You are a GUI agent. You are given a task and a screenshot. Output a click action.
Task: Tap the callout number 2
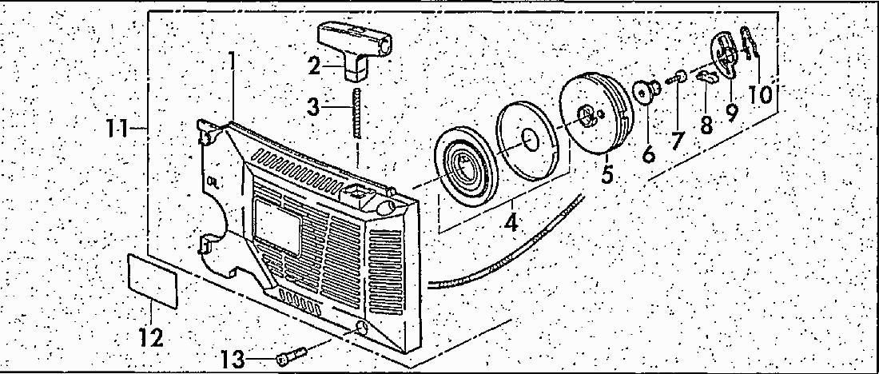[x=314, y=66]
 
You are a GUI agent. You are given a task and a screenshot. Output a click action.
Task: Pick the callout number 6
[x=648, y=150]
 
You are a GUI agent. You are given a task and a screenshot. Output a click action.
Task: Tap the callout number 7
[x=678, y=141]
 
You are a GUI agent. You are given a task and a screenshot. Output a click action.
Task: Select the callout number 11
[x=121, y=127]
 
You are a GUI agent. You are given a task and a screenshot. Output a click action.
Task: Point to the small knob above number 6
[x=646, y=90]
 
